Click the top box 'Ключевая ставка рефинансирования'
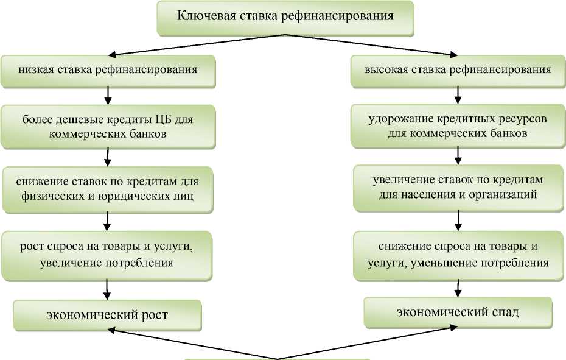pyautogui.click(x=285, y=17)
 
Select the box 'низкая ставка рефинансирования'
pyautogui.click(x=108, y=69)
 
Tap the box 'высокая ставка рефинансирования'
pyautogui.click(x=457, y=69)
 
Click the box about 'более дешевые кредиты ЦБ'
pyautogui.click(x=108, y=127)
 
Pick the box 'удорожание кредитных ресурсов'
pyautogui.click(x=457, y=126)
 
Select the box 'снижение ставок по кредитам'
pyautogui.click(x=108, y=189)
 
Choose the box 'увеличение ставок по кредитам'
pyautogui.click(x=457, y=188)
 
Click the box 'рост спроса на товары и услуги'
pyautogui.click(x=108, y=254)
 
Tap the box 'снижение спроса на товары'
pyautogui.click(x=457, y=254)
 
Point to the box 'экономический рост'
pyautogui.click(x=108, y=315)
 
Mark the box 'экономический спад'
pyautogui.click(x=457, y=312)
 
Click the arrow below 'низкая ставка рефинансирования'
pyautogui.click(x=108, y=94)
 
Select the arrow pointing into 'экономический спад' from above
pyautogui.click(x=457, y=288)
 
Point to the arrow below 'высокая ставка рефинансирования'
pyautogui.click(x=457, y=94)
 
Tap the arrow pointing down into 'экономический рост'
pyautogui.click(x=108, y=288)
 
